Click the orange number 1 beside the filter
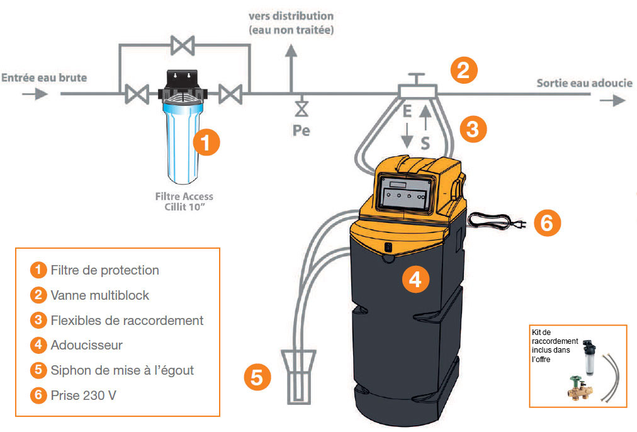coord(206,142)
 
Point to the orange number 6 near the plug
coord(547,223)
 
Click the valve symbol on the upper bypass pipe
coord(183,45)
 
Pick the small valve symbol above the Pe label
coord(302,109)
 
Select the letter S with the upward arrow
coord(426,143)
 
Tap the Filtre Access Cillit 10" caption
coord(184,200)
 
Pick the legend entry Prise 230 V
coord(87,395)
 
